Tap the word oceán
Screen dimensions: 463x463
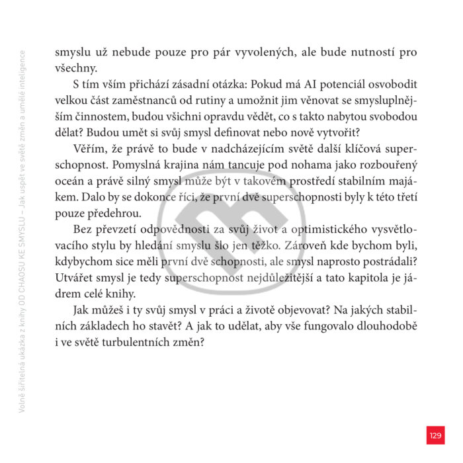(70, 180)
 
